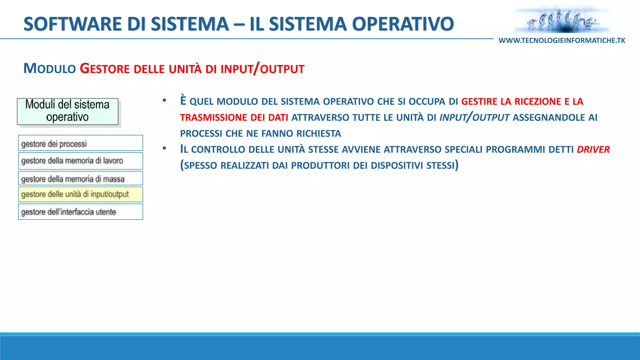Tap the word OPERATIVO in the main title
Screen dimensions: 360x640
click(x=403, y=24)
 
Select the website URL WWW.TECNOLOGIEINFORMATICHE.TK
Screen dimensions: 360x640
click(x=562, y=41)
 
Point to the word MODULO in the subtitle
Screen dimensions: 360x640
click(x=50, y=69)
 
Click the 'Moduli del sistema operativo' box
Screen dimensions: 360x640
click(x=67, y=111)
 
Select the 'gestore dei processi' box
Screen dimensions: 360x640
click(x=80, y=143)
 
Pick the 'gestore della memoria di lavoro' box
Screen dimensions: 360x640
click(x=80, y=161)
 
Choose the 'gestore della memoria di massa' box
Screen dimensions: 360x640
click(x=80, y=178)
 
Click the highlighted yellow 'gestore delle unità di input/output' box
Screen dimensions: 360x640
click(x=80, y=194)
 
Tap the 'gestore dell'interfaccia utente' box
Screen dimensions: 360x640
click(x=80, y=212)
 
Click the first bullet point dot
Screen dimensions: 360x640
click(x=164, y=101)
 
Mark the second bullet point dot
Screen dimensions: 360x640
click(x=164, y=149)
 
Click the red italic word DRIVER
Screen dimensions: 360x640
click(x=593, y=150)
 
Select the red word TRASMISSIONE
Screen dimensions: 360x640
click(x=213, y=118)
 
